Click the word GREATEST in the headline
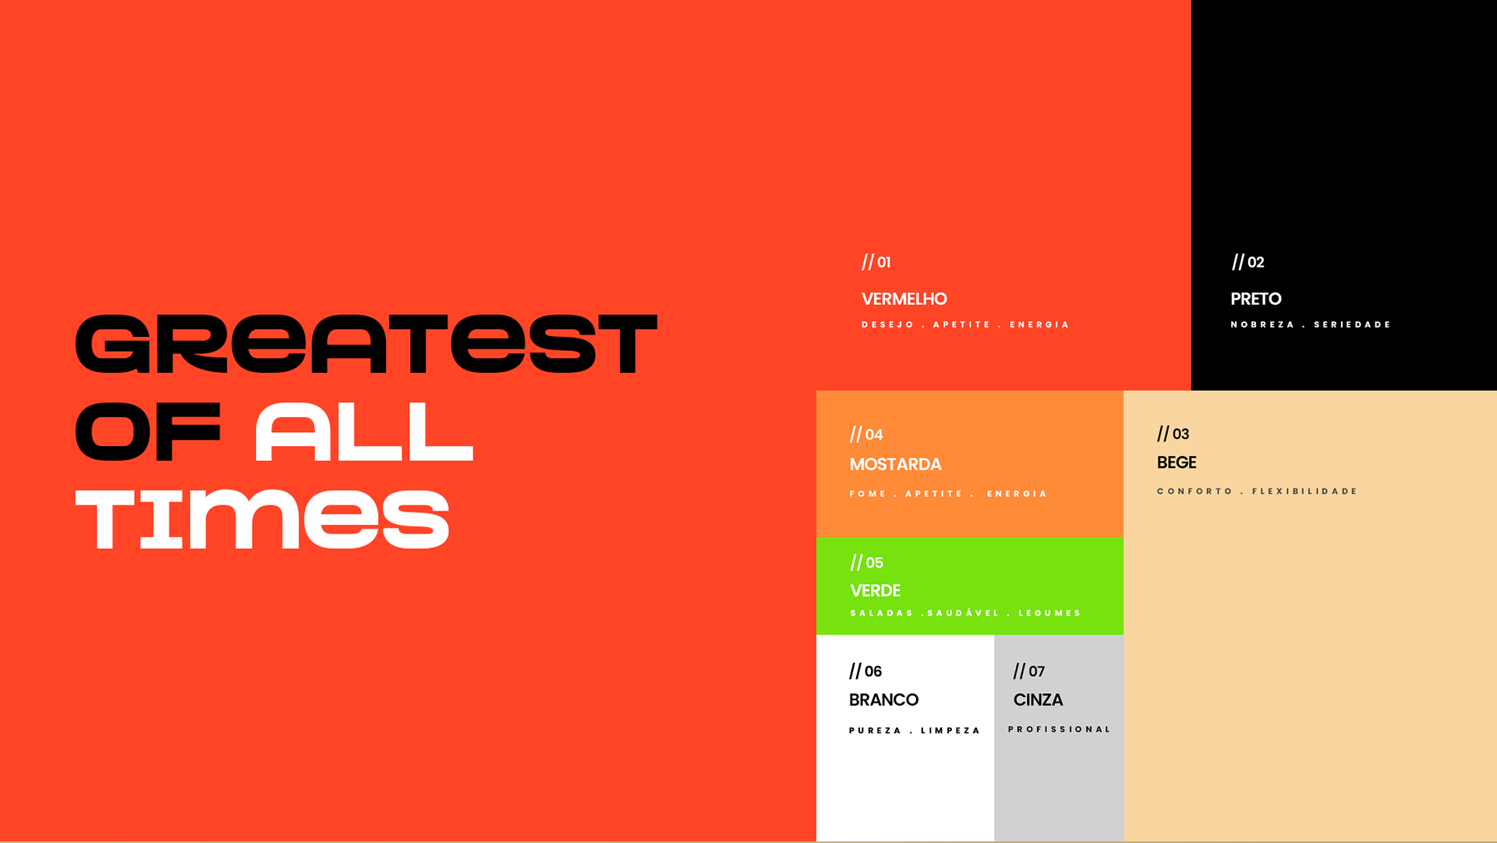[x=366, y=344]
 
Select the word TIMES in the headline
[x=263, y=519]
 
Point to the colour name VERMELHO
[x=904, y=299]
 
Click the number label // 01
[x=876, y=262]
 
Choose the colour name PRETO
[x=1256, y=299]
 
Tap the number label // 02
[x=1248, y=262]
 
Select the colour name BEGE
[x=1177, y=462]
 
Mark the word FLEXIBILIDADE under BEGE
[x=1305, y=491]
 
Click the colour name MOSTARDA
[x=896, y=465]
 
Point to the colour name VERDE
[x=876, y=591]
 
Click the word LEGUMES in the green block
[x=1049, y=613]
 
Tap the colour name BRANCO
[x=884, y=700]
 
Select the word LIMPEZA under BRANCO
[x=950, y=731]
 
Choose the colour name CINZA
[x=1039, y=700]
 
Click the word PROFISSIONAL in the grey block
[x=1059, y=729]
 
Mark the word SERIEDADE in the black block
[x=1353, y=324]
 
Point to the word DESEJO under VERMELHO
[x=888, y=324]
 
